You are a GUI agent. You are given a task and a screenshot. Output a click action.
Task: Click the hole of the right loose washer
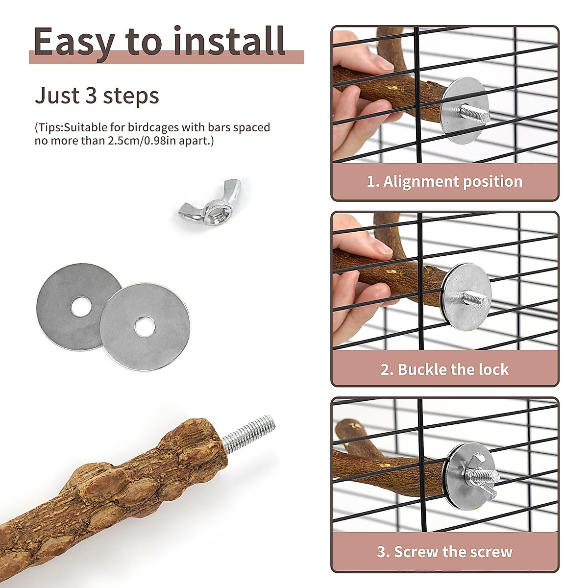(144, 326)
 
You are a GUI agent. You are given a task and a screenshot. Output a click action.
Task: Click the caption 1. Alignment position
(444, 181)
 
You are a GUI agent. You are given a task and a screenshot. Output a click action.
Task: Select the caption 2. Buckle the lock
(444, 369)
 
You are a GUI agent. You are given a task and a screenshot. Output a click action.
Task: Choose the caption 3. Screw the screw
(444, 552)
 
